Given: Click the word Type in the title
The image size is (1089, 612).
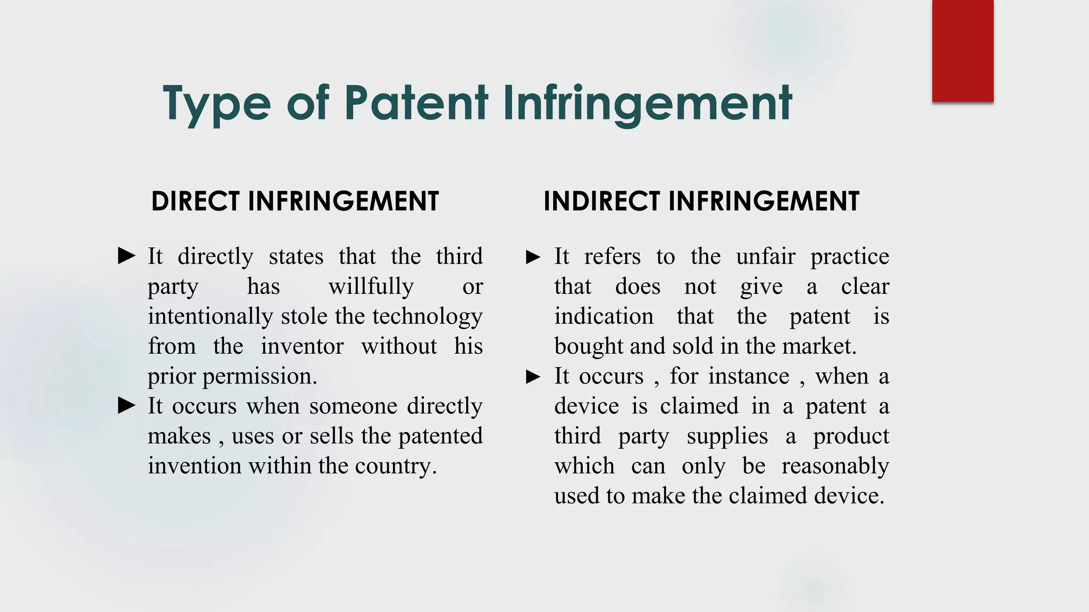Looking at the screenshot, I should (217, 104).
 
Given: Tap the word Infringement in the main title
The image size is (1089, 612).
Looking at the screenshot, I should (647, 104).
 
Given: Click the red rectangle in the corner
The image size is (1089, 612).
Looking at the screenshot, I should (962, 51).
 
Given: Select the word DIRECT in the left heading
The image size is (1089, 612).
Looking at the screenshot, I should (195, 201).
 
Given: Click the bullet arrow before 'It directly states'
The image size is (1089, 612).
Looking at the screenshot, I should (127, 256).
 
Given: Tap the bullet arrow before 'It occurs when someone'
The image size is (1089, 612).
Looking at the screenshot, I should (127, 406).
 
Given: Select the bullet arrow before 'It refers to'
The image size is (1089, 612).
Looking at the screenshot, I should (533, 257).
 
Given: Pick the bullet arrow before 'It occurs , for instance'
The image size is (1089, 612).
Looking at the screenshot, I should (533, 377).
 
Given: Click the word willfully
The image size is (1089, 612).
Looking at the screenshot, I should (371, 287).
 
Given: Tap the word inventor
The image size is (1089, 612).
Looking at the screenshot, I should (302, 346).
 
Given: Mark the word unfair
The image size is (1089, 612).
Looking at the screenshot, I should (766, 257).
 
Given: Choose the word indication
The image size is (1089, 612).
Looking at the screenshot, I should (604, 317).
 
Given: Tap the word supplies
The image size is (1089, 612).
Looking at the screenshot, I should (727, 437).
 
